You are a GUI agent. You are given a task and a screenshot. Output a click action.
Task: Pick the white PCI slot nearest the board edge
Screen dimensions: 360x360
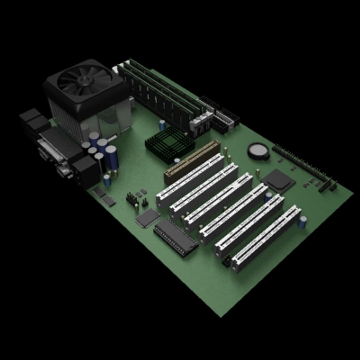tap(266, 239)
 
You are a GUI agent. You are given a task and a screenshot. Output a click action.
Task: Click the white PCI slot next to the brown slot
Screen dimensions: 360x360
tap(190, 180)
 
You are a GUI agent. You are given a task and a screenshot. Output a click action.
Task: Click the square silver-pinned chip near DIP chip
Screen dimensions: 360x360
tap(148, 218)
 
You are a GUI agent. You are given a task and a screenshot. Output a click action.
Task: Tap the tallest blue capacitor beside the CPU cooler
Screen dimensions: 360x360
tap(112, 157)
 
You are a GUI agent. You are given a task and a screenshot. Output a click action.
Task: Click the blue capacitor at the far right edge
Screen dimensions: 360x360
tap(303, 222)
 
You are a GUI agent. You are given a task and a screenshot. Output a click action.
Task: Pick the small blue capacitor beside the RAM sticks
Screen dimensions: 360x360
tap(162, 125)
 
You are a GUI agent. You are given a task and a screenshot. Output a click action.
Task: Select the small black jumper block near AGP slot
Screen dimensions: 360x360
tap(132, 199)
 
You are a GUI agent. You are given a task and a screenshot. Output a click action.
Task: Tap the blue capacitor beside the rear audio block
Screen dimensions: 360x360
tap(107, 180)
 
